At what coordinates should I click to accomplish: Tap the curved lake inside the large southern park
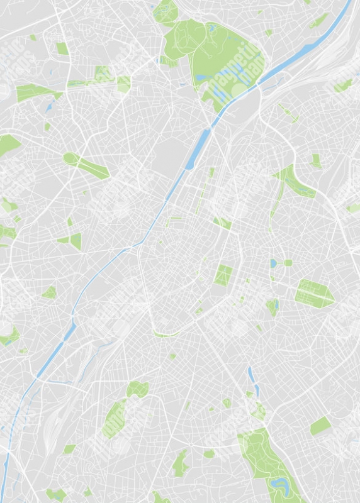(278, 484)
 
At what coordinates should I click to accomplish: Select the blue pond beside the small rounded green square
(274, 263)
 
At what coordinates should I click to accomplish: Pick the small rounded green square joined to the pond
(288, 263)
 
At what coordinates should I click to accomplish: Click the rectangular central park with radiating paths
(223, 275)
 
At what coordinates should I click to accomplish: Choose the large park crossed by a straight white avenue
(315, 292)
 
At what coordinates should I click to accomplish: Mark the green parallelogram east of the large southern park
(320, 426)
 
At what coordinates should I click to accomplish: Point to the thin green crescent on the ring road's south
(165, 334)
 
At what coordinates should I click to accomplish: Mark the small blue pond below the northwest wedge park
(49, 107)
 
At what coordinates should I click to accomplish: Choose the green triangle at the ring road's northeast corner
(222, 222)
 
